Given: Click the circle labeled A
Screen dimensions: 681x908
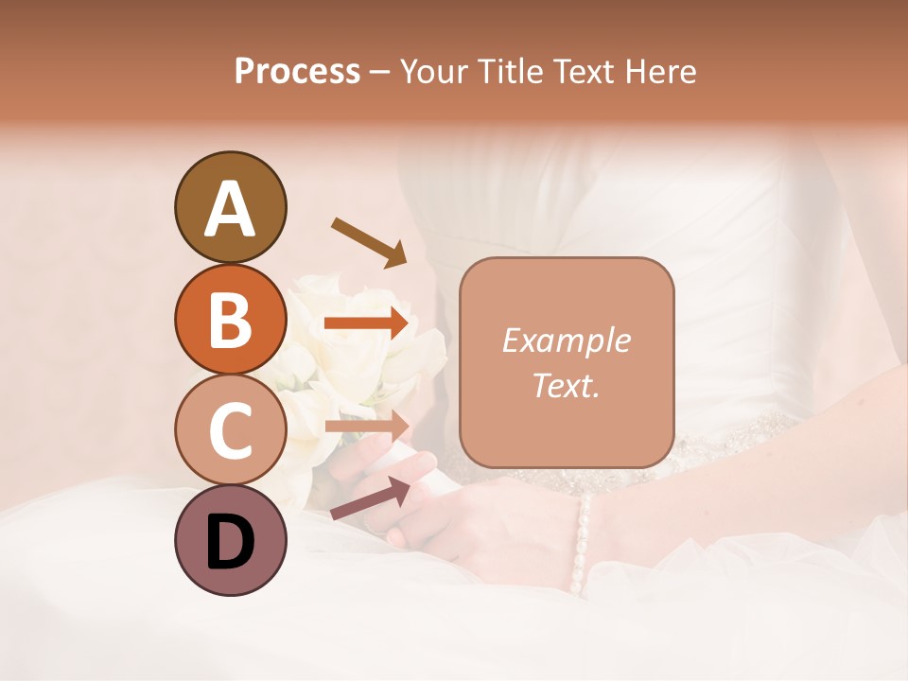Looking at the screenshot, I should (231, 207).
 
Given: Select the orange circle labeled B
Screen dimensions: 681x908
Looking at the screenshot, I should (231, 319).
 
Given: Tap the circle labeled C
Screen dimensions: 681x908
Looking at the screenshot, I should (231, 430).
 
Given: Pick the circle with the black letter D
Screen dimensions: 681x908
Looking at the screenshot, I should (231, 541).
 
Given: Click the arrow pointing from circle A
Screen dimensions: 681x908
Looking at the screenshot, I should (368, 241).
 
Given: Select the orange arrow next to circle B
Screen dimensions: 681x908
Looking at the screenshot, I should (366, 323).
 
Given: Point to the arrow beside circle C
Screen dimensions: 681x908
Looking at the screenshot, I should (366, 426).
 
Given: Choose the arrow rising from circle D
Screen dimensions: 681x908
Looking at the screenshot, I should (370, 498).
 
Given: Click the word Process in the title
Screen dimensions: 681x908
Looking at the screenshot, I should (297, 71).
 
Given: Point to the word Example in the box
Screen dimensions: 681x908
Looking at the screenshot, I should (566, 340).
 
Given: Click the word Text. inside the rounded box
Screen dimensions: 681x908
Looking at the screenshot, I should (566, 386).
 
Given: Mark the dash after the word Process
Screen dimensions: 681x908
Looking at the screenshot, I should (380, 72).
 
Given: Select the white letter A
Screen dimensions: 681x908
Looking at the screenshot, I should (231, 208).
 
